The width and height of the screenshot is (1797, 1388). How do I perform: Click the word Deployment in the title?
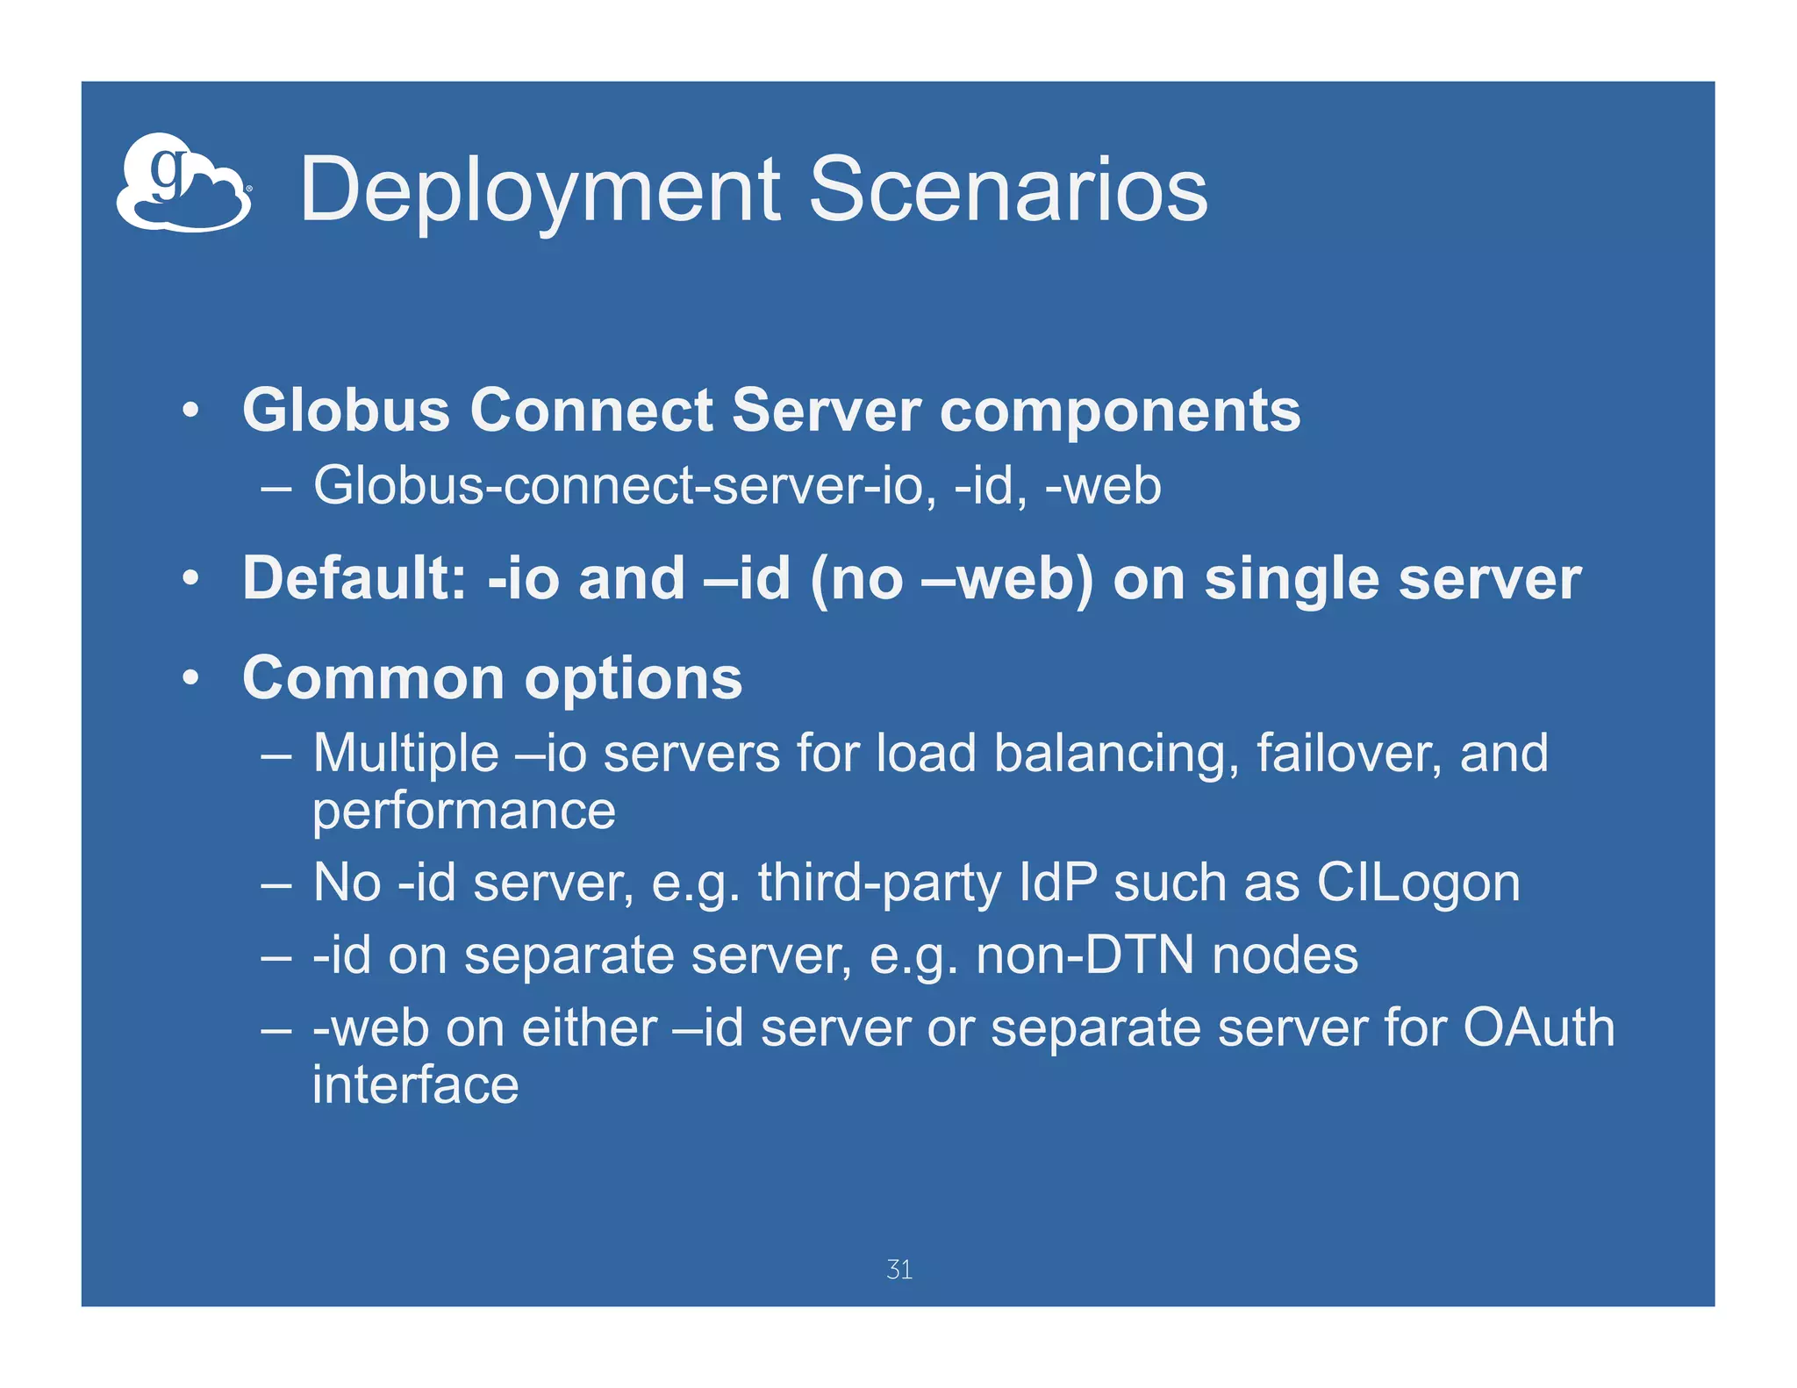point(539,190)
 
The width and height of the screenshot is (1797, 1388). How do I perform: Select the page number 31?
point(899,1270)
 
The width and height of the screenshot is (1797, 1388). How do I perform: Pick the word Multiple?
point(405,755)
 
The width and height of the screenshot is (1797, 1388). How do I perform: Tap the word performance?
point(464,812)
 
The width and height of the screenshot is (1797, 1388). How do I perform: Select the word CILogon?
point(1418,883)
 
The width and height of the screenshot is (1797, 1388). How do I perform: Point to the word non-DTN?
point(1085,955)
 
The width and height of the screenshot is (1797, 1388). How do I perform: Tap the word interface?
point(415,1084)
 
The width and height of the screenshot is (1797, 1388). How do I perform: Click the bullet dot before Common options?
point(190,678)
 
